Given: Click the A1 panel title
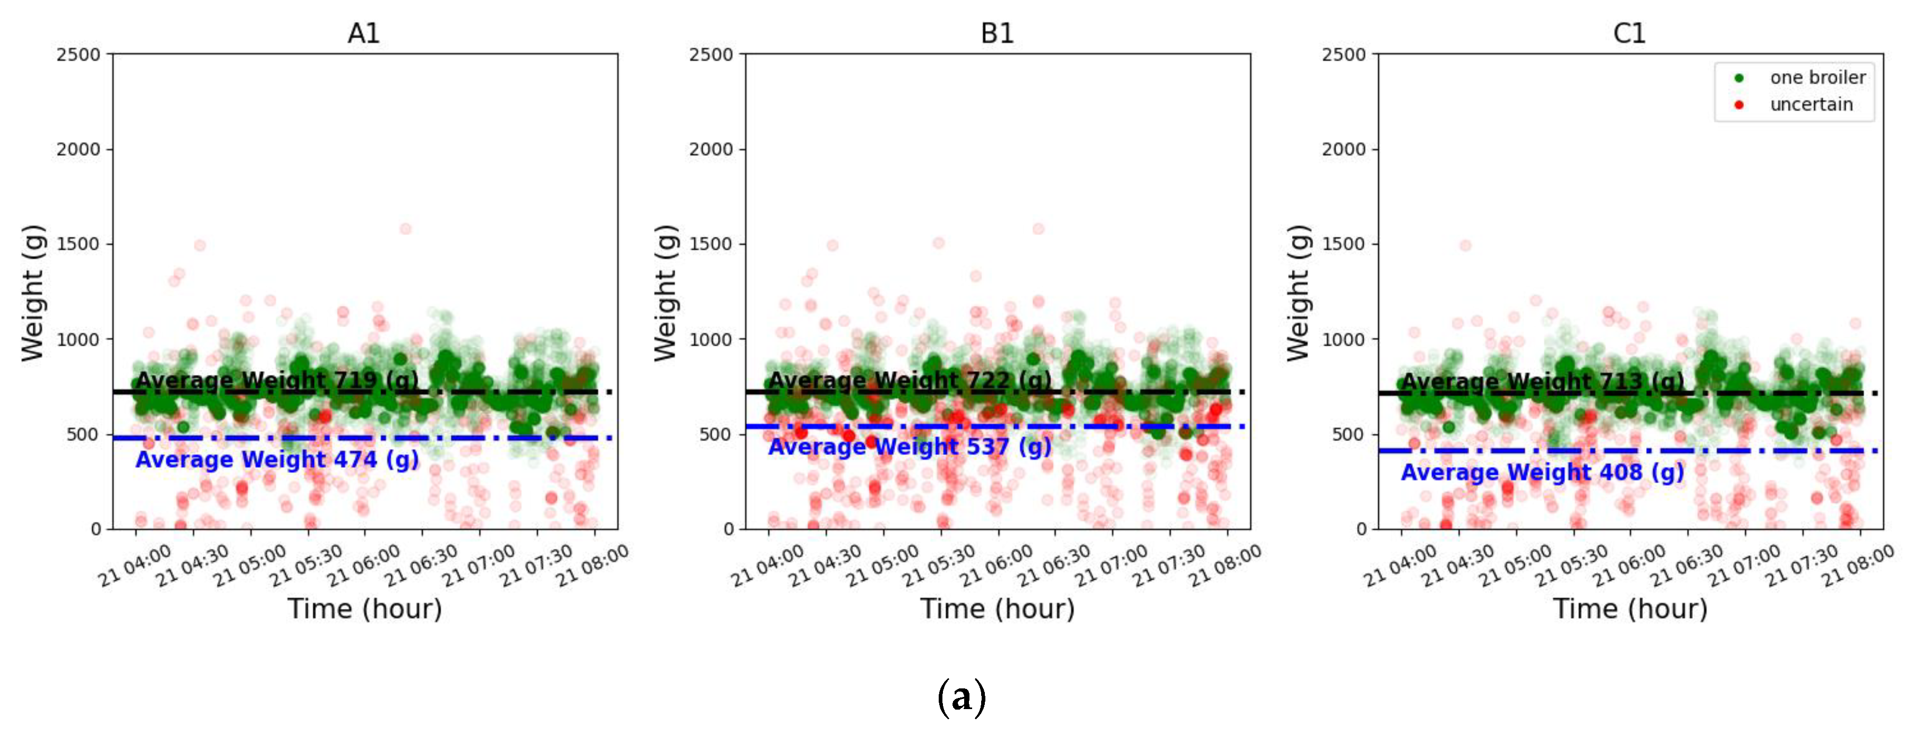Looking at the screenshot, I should (x=363, y=33).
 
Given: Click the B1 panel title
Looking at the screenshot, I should (x=997, y=33).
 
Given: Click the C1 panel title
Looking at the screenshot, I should (x=1629, y=33).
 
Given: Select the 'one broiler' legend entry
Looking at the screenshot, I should (x=1816, y=77).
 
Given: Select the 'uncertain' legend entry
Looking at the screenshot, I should (x=1811, y=105).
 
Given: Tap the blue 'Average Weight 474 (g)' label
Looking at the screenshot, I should (x=277, y=460).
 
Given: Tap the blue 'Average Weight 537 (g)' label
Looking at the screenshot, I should (x=910, y=447).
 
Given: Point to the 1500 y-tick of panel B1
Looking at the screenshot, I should (x=711, y=244).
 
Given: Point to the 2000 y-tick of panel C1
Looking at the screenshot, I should (x=1344, y=150).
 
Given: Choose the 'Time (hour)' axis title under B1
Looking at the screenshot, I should (x=997, y=609).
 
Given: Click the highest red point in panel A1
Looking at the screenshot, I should (x=405, y=229).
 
